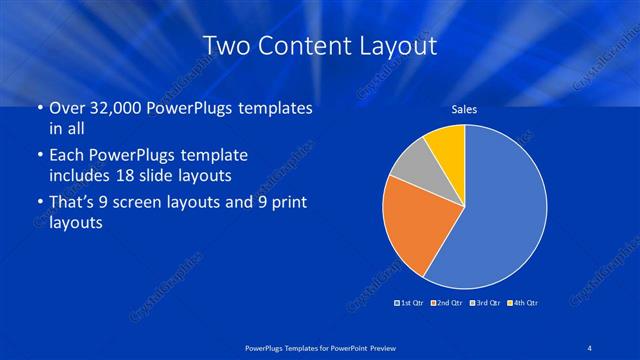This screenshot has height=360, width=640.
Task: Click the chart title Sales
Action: pyautogui.click(x=464, y=109)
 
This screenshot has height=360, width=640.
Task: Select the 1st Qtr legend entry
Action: pyautogui.click(x=409, y=301)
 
